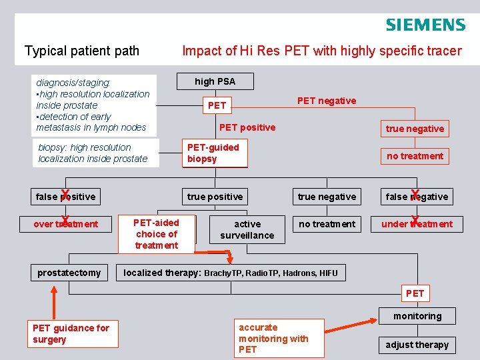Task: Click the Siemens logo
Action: (x=425, y=25)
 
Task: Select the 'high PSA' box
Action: (x=215, y=81)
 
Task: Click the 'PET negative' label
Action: (x=327, y=101)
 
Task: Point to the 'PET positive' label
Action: (x=247, y=127)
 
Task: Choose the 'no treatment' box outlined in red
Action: (x=415, y=156)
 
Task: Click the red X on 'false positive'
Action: (x=65, y=195)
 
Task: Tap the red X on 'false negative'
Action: (x=415, y=195)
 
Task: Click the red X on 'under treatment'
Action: (x=415, y=221)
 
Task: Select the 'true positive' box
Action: (x=215, y=197)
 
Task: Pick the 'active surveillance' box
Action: (x=247, y=229)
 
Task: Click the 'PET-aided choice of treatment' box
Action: (x=156, y=234)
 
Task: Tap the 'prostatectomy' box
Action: (x=69, y=272)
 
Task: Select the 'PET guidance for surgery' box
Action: (x=71, y=333)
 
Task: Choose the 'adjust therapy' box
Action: (x=417, y=345)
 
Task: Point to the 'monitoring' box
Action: (x=417, y=316)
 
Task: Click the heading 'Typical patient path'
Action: (x=82, y=51)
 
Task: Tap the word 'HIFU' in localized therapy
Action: (x=328, y=273)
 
